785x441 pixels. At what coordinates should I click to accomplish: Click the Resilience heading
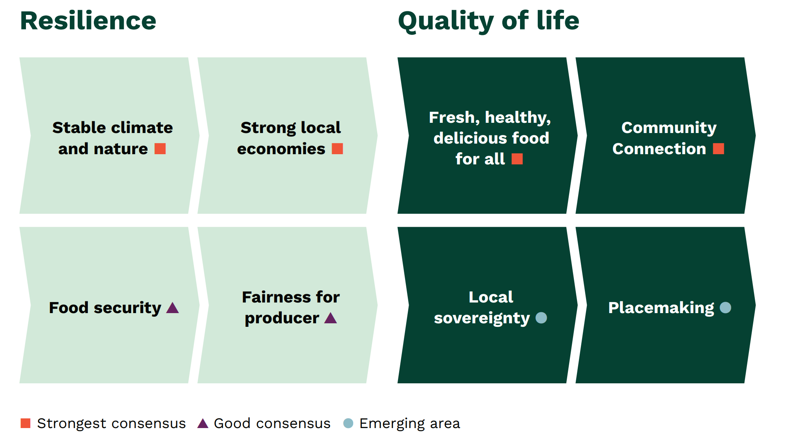(88, 21)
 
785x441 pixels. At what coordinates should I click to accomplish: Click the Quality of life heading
(489, 22)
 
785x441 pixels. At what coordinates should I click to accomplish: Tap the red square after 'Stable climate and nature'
(160, 149)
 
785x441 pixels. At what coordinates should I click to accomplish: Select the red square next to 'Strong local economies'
(338, 149)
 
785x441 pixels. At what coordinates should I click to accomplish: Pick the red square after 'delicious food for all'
(517, 159)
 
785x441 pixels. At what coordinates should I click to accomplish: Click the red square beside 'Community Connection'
(719, 149)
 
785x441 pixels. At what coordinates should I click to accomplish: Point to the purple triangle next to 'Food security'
(173, 308)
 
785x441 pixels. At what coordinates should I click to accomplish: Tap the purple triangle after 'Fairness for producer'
(331, 318)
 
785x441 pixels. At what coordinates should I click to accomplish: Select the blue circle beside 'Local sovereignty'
(541, 318)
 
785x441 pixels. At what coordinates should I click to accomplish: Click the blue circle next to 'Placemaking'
(726, 308)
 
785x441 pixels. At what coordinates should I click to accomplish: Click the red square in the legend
(26, 423)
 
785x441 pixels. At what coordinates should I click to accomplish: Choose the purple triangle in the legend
(203, 423)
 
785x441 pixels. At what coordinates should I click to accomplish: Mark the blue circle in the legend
(348, 423)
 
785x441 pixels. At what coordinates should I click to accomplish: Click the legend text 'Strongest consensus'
(111, 424)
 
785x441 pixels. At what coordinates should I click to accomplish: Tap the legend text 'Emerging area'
(410, 424)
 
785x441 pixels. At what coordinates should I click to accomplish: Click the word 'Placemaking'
(661, 308)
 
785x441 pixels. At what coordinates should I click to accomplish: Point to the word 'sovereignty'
(482, 318)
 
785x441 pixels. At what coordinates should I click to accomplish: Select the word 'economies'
(281, 149)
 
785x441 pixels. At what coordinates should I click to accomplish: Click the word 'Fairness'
(273, 297)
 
